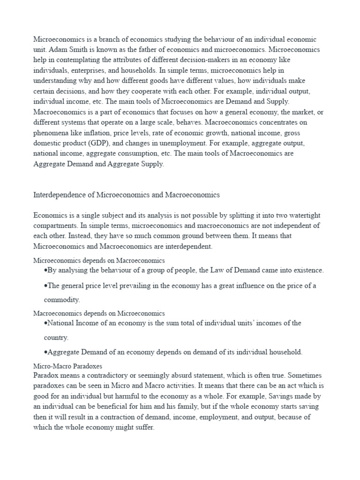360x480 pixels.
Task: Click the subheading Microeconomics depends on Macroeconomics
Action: [99, 260]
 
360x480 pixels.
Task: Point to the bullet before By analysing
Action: [45, 270]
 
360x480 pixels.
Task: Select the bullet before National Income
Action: [45, 323]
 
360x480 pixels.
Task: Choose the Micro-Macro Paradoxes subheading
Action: [68, 365]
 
